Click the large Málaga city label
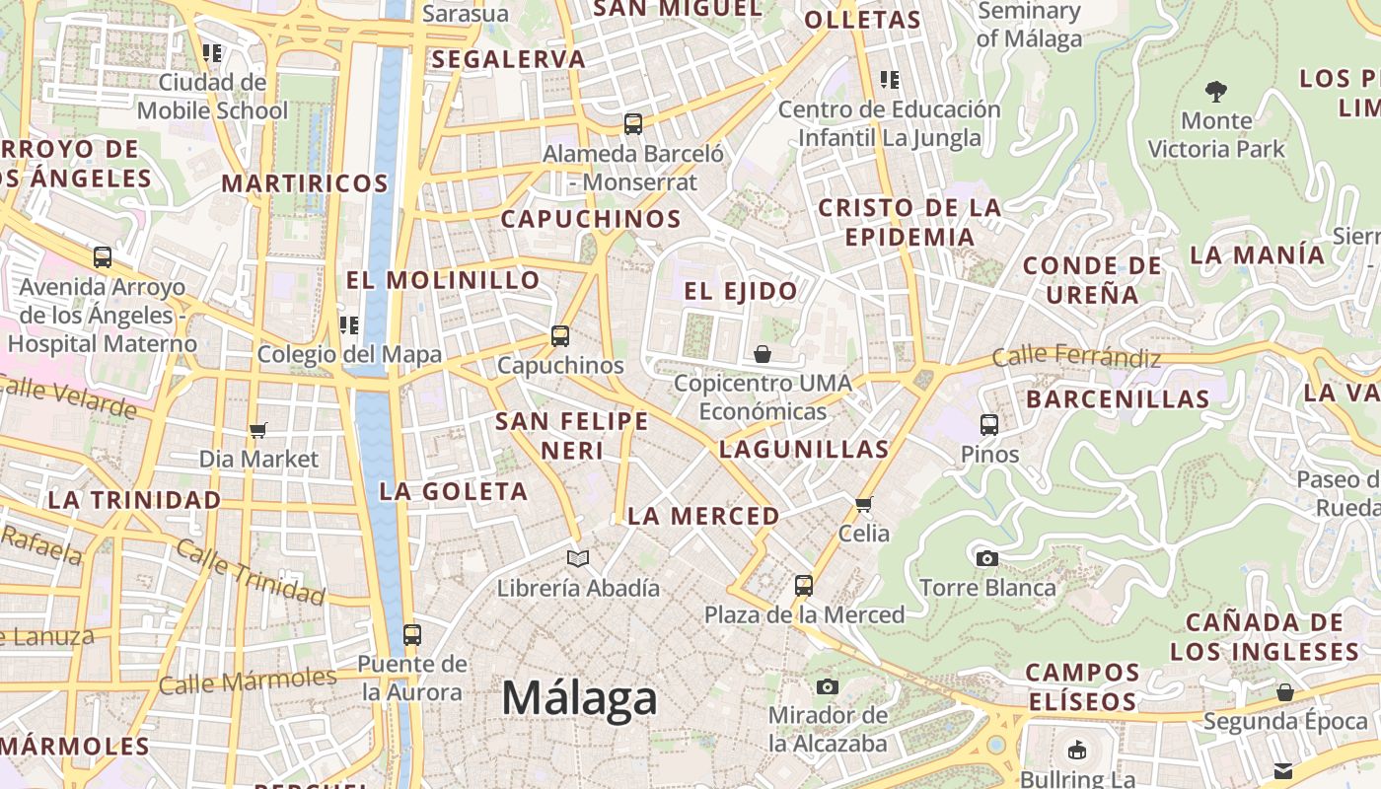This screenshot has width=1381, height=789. [579, 698]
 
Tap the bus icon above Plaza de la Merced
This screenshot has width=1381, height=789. [804, 586]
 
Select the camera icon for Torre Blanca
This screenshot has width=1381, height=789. [986, 558]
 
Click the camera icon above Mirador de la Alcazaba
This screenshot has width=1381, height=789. [828, 686]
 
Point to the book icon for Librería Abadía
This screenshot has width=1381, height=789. [578, 559]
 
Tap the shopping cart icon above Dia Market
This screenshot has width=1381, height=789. [258, 430]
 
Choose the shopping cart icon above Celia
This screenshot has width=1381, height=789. [864, 504]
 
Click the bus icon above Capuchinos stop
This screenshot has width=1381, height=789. [560, 336]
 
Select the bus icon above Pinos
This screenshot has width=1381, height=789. [989, 425]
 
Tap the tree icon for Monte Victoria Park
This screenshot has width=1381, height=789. [1216, 92]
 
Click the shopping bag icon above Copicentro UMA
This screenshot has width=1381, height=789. [762, 353]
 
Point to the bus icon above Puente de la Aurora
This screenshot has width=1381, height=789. [412, 635]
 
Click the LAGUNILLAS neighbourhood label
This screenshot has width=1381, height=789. [804, 450]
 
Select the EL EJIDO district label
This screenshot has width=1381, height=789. [741, 291]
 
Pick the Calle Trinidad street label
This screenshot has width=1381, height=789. [252, 574]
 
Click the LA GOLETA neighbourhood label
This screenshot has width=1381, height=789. [454, 491]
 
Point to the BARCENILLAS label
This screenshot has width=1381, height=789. [1118, 399]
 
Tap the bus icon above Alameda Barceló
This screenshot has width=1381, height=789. [633, 125]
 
